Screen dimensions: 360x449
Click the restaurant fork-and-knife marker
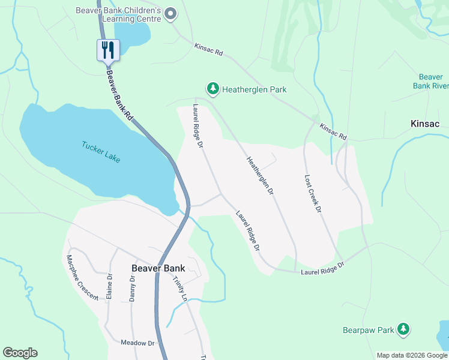(109, 50)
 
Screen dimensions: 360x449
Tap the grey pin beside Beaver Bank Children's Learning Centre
(170, 14)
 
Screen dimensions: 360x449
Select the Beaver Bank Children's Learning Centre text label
(119, 14)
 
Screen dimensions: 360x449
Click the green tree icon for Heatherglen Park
(212, 89)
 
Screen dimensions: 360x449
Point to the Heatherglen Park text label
(254, 89)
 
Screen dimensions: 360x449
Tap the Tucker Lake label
(101, 151)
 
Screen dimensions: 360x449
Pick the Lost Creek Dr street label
(313, 194)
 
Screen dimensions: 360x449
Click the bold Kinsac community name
(424, 124)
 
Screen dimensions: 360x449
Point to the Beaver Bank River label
(430, 81)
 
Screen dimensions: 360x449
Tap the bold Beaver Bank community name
(158, 268)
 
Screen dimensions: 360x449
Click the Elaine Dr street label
(109, 286)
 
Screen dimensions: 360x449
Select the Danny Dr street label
(133, 288)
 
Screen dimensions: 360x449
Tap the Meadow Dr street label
(137, 343)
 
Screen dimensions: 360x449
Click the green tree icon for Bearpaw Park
(404, 329)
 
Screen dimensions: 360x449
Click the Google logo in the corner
(20, 353)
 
